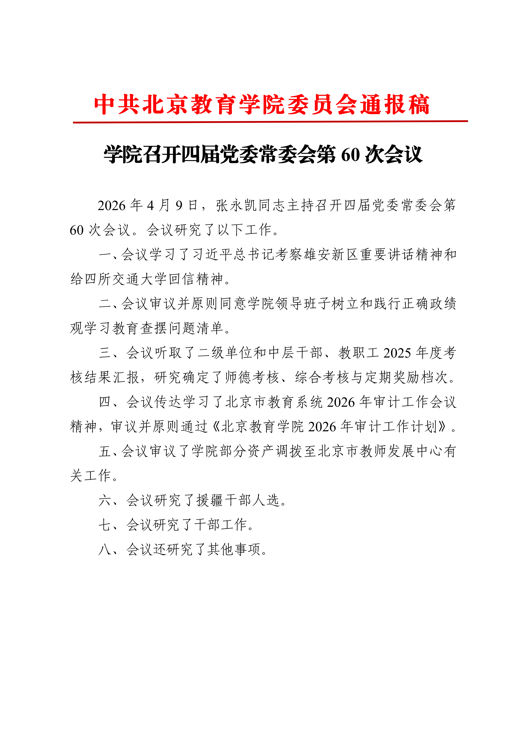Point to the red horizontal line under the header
click(x=270, y=122)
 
